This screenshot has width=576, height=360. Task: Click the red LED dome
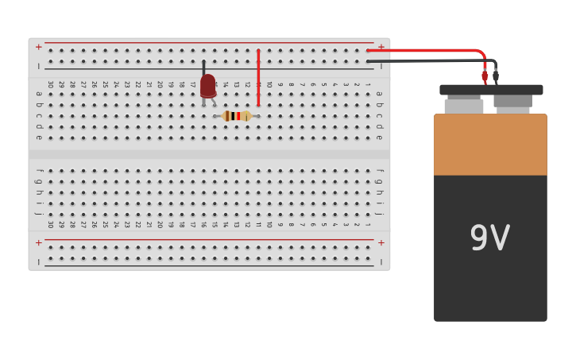coord(207,85)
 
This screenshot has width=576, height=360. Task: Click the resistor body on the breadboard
coord(237,116)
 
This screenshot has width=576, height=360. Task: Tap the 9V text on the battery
coord(489,238)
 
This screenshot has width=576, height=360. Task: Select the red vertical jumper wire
coord(258,78)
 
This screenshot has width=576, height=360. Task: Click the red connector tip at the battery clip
coord(485,76)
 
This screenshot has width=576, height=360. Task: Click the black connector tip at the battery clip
coord(496,76)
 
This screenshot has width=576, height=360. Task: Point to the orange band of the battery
coord(490,145)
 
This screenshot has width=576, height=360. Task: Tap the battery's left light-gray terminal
coord(464,106)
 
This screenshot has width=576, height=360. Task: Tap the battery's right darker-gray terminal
coord(512,101)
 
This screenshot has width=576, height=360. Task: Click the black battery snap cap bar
coord(491,90)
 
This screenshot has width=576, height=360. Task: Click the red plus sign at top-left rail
coord(38,47)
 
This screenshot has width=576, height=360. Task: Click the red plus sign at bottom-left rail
coord(38,242)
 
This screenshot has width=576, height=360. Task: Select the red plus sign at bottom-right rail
coord(381,242)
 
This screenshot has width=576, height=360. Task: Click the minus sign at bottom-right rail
coord(381,261)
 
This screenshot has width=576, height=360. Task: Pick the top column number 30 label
coord(50,83)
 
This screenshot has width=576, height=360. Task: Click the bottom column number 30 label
coord(50,225)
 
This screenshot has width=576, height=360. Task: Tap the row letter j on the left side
coord(38,214)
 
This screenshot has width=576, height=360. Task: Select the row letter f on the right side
coord(380,170)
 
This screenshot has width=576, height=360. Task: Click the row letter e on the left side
coord(38,137)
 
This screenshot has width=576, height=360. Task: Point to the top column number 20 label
coord(160,83)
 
